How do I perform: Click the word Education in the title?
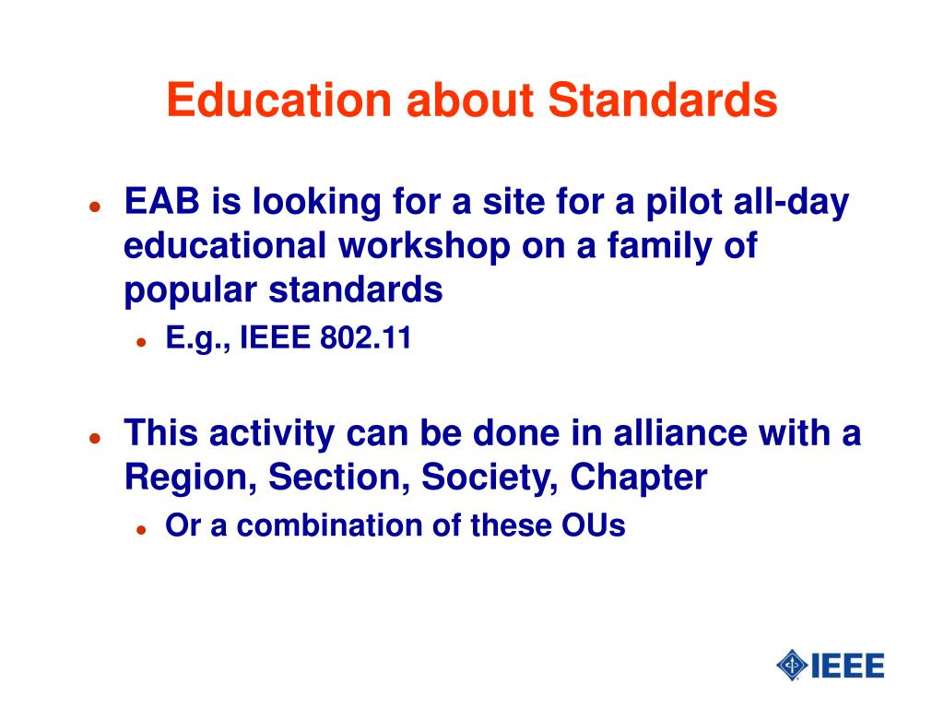(279, 100)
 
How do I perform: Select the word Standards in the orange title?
(663, 100)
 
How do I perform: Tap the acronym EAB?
(161, 201)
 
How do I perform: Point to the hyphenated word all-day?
(791, 202)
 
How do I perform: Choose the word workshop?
(424, 247)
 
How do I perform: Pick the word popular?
(190, 291)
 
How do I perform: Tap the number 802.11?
(365, 337)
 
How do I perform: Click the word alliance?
(679, 433)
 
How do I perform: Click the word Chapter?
(638, 478)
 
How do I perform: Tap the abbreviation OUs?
(594, 525)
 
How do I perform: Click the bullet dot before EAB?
(95, 206)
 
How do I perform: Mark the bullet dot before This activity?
(95, 438)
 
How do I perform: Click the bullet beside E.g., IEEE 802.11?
(141, 343)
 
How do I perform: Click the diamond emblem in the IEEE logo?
(792, 666)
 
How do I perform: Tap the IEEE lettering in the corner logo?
(848, 666)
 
